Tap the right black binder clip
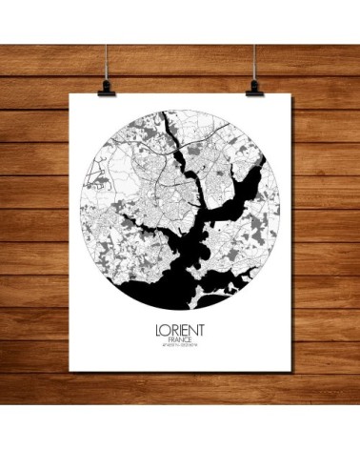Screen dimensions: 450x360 click(255, 87)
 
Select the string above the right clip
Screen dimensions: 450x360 click(256, 38)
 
